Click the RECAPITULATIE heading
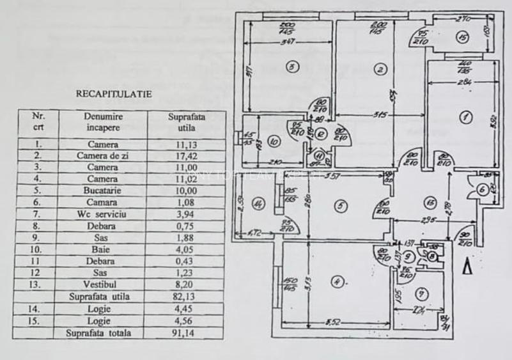[x=114, y=93]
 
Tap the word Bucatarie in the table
[x=103, y=191]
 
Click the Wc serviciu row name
[x=103, y=214]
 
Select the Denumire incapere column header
[x=103, y=122]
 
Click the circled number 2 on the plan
[x=380, y=69]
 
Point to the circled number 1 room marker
[x=465, y=117]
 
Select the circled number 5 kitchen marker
[x=341, y=205]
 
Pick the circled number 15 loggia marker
[x=462, y=37]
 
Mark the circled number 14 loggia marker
[x=258, y=205]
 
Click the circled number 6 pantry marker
[x=482, y=189]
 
